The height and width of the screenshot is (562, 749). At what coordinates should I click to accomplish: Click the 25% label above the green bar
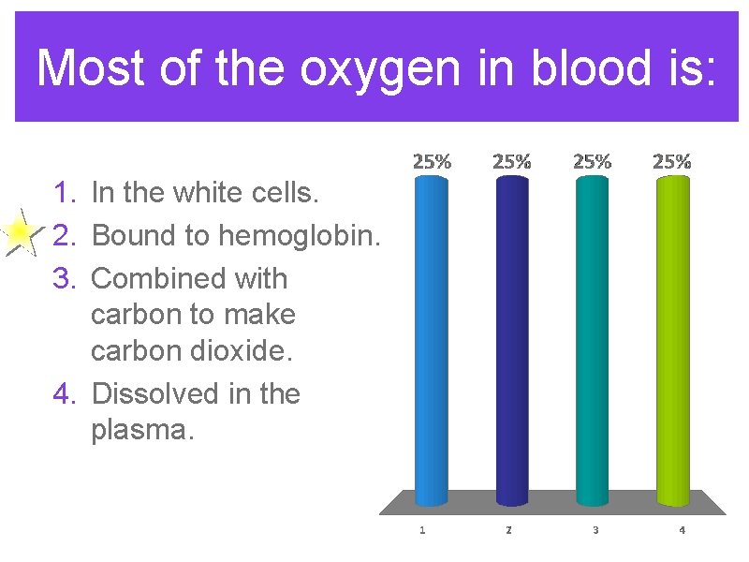[x=672, y=161]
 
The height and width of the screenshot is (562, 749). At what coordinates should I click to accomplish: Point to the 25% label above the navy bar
[x=511, y=161]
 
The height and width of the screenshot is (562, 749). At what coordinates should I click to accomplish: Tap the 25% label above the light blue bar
[x=432, y=161]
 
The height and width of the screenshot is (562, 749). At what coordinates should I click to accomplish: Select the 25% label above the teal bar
[x=592, y=161]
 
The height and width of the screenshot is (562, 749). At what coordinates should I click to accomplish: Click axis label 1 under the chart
[x=422, y=530]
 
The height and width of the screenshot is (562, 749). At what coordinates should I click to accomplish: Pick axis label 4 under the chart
[x=682, y=530]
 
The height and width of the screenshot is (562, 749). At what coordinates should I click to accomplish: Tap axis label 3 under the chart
[x=595, y=530]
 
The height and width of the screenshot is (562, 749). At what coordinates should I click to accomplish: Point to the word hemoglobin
[x=299, y=235]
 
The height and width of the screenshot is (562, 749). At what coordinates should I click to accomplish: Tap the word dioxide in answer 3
[x=235, y=350]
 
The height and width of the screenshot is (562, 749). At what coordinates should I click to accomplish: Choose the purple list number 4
[x=65, y=393]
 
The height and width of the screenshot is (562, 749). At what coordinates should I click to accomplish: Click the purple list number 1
[x=65, y=193]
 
